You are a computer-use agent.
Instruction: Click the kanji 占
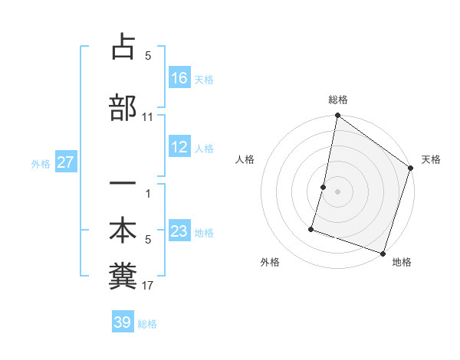pyautogui.click(x=123, y=47)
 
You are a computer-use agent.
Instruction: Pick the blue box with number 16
pyautogui.click(x=179, y=78)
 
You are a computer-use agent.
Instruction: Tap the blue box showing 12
pyautogui.click(x=179, y=147)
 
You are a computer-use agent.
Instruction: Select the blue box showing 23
pyautogui.click(x=179, y=231)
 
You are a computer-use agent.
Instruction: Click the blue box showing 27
pyautogui.click(x=65, y=162)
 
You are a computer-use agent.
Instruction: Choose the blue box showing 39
pyautogui.click(x=123, y=322)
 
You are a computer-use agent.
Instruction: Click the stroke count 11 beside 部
pyautogui.click(x=148, y=117)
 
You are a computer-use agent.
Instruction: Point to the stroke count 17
pyautogui.click(x=148, y=286)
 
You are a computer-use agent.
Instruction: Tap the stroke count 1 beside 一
pyautogui.click(x=148, y=194)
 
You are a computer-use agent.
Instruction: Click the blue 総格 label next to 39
pyautogui.click(x=147, y=324)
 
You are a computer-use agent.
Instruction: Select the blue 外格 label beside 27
pyautogui.click(x=41, y=163)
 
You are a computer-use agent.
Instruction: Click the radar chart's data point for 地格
pyautogui.click(x=383, y=253)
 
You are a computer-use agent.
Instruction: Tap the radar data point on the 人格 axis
pyautogui.click(x=324, y=187)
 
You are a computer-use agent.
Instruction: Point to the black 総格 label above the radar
pyautogui.click(x=338, y=100)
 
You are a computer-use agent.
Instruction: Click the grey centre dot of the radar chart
pyautogui.click(x=338, y=191)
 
